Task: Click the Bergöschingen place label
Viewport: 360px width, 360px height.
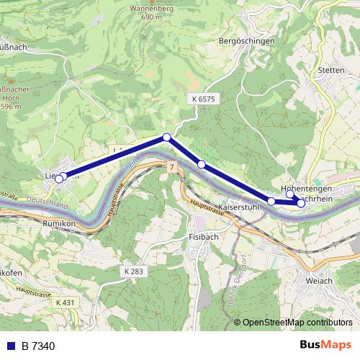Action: pos(246,42)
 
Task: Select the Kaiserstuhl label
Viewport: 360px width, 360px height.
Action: pos(238,207)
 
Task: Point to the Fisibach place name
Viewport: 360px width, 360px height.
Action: pos(202,236)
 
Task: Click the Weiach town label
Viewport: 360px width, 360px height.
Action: pos(319,280)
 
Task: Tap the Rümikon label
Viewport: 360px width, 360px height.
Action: pos(60,224)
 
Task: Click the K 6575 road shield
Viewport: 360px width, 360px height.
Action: pos(204,97)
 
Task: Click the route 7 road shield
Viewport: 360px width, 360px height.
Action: pos(172,167)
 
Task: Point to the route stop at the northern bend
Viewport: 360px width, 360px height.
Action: pos(166,137)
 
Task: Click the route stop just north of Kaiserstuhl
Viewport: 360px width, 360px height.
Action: pos(271,201)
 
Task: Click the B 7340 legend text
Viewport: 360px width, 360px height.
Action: pos(37,346)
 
